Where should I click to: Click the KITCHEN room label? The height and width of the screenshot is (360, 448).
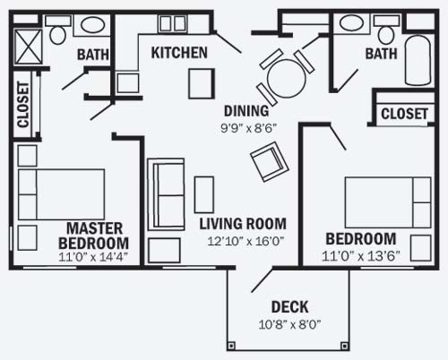(x=179, y=53)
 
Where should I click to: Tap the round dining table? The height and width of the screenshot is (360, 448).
(x=287, y=79)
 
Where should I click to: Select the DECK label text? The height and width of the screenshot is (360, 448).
(x=289, y=307)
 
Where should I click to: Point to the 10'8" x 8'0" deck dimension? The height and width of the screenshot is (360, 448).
(x=289, y=324)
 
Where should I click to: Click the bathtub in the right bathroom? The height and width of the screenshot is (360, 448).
(x=418, y=61)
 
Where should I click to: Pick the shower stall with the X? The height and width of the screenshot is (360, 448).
(x=28, y=47)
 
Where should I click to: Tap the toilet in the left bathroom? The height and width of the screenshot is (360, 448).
(x=57, y=30)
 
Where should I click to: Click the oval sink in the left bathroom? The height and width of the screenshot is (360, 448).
(x=92, y=25)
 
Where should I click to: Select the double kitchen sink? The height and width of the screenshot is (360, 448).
(x=172, y=23)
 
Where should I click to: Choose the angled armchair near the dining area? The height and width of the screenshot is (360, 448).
(x=269, y=161)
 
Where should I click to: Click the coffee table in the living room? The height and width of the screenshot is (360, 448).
(x=204, y=194)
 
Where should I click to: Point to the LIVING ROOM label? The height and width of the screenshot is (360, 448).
(x=243, y=224)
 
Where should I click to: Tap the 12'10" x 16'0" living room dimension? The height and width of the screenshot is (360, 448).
(x=246, y=241)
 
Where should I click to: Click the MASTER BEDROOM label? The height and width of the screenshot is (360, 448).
(x=94, y=236)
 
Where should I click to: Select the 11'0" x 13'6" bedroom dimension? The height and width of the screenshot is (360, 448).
(x=361, y=256)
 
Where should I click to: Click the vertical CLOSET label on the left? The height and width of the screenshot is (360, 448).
(x=23, y=105)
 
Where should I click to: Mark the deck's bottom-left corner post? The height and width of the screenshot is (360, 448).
(x=231, y=346)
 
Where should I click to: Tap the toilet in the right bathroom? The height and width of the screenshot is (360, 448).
(x=386, y=30)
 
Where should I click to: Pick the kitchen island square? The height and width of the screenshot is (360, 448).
(x=202, y=83)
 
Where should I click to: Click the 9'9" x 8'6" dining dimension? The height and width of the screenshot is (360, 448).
(x=247, y=129)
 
